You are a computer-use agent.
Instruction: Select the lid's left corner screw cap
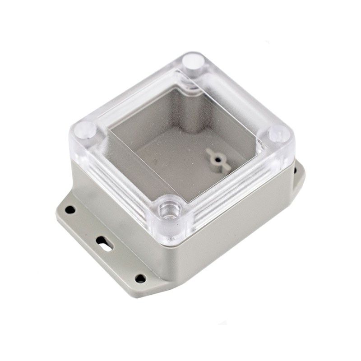85,130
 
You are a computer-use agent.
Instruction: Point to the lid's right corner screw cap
279,134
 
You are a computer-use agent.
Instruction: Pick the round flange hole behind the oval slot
70,209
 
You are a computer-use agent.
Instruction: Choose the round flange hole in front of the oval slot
140,278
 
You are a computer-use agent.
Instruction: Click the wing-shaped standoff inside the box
218,160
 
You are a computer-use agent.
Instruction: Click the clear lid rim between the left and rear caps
135,90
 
